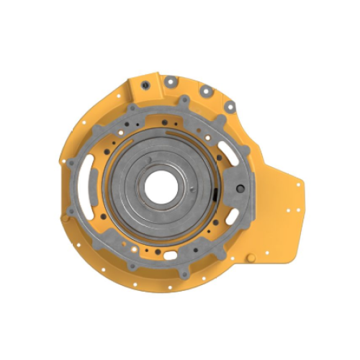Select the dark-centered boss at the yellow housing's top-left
tap(144, 86)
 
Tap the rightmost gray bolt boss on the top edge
tap(229, 107)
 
